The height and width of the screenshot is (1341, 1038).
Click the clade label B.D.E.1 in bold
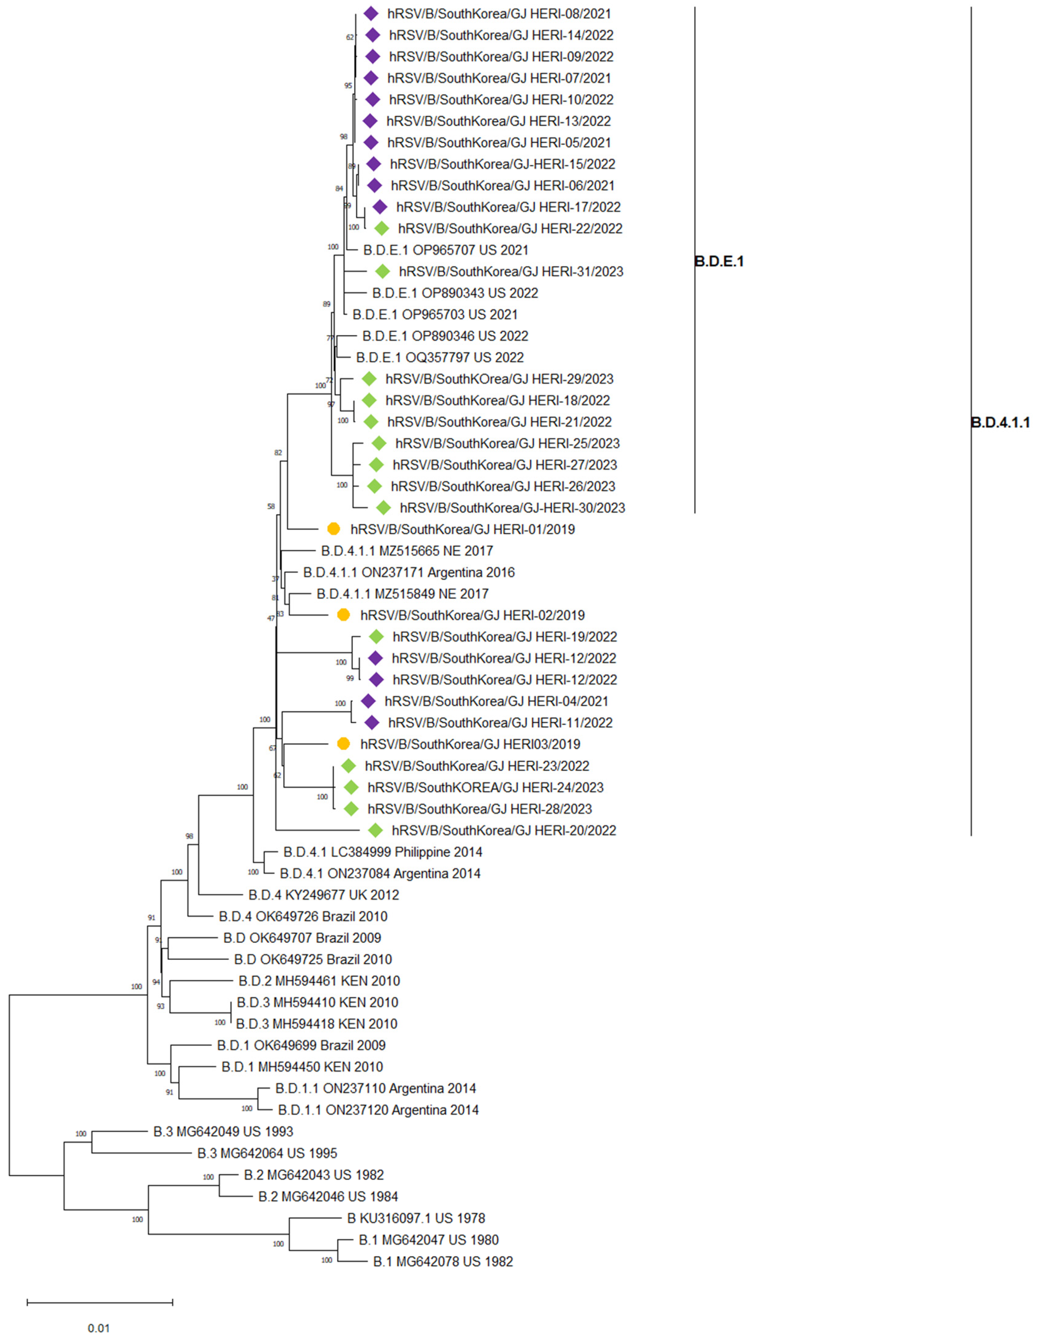719,261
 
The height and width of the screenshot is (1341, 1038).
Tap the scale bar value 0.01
99,1328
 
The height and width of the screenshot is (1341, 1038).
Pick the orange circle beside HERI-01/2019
333,529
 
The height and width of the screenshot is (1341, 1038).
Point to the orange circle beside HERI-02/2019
343,615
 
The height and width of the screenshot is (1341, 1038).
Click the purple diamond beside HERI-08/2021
370,13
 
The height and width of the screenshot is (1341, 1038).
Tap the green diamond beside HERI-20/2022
375,830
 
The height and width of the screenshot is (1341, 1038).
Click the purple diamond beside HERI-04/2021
368,701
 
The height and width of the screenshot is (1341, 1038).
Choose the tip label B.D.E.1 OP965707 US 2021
445,250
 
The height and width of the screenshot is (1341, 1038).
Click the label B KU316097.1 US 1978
416,1218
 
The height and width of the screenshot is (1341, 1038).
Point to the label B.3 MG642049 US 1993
223,1131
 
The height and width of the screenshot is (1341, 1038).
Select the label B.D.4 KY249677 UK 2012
324,895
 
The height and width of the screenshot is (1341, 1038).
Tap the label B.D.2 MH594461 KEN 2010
319,981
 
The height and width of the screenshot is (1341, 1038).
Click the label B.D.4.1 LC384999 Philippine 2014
383,852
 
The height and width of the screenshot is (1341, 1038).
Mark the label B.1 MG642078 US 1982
443,1261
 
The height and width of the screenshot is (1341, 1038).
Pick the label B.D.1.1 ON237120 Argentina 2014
378,1109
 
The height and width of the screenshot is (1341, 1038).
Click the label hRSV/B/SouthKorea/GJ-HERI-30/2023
512,508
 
